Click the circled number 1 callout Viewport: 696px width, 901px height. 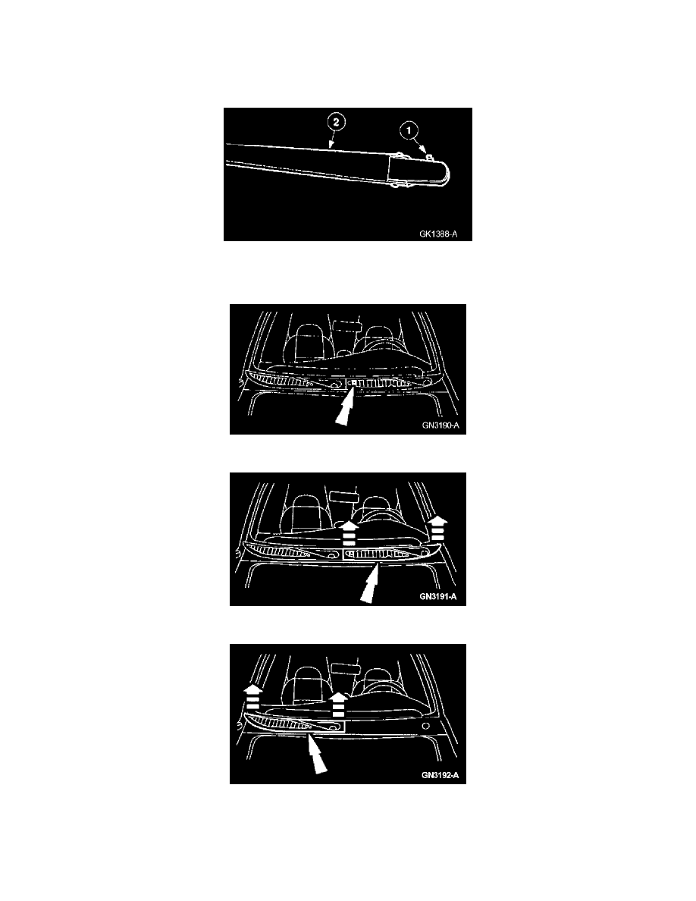pyautogui.click(x=409, y=131)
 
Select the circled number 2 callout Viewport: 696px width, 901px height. pyautogui.click(x=337, y=122)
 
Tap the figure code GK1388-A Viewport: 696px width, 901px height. pyautogui.click(x=438, y=234)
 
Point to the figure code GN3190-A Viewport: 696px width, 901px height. pyautogui.click(x=440, y=425)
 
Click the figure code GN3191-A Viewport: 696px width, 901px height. pyautogui.click(x=438, y=596)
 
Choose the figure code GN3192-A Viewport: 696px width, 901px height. pyautogui.click(x=440, y=775)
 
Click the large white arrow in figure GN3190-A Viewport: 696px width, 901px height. pyautogui.click(x=345, y=407)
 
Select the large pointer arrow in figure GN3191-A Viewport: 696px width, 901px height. pyautogui.click(x=369, y=583)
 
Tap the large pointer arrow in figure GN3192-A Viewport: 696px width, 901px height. pyautogui.click(x=316, y=755)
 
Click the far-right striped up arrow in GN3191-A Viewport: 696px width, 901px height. pyautogui.click(x=437, y=527)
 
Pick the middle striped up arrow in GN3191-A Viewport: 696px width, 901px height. pyautogui.click(x=347, y=532)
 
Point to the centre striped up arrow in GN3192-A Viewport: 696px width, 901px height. pyautogui.click(x=338, y=704)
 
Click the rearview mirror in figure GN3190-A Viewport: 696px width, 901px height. pyautogui.click(x=346, y=326)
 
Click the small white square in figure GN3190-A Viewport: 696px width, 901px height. pyautogui.click(x=354, y=382)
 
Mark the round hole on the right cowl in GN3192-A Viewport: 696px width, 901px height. pyautogui.click(x=425, y=727)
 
